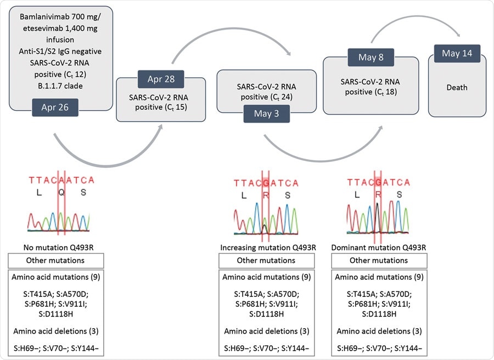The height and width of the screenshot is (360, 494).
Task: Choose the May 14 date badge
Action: coord(457,53)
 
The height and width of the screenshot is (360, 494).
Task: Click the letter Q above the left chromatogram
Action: coord(62,193)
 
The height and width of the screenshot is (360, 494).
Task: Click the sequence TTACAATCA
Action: coord(62,179)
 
